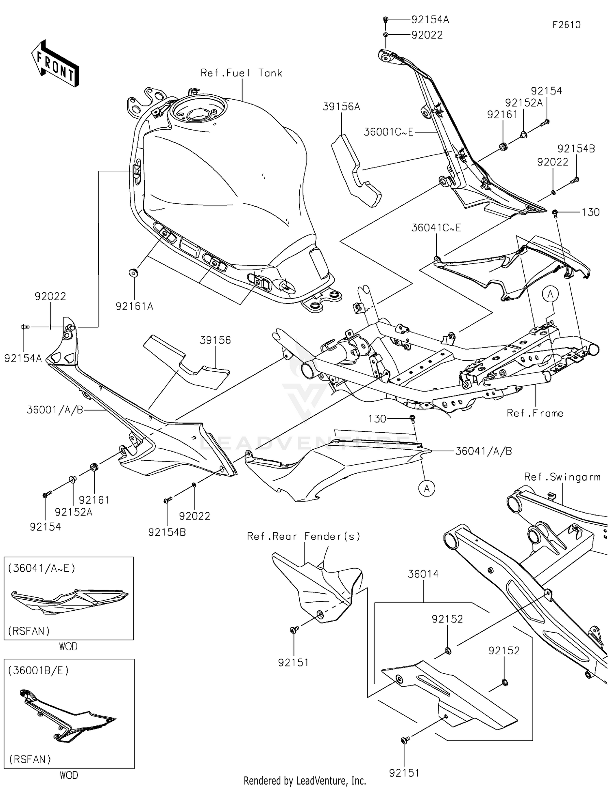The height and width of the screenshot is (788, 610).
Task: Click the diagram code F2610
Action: pos(566,25)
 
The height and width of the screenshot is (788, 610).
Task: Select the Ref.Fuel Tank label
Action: pos(242,73)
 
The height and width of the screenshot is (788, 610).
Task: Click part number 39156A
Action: pos(342,107)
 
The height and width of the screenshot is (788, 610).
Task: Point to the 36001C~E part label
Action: pos(388,132)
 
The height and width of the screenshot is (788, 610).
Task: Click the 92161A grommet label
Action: pos(134,307)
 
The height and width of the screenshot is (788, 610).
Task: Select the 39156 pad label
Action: pos(215,340)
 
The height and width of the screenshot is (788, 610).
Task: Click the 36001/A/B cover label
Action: pos(55,410)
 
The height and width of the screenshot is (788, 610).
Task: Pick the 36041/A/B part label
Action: pos(484,451)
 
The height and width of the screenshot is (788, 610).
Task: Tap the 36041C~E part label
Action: pos(436,228)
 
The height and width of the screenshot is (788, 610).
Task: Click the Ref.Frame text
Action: pos(535,413)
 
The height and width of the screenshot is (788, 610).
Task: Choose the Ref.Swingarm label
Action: pos(562,477)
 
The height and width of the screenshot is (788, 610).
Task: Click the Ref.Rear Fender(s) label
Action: pos(304,537)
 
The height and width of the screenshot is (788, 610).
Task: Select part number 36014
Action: pos(423,574)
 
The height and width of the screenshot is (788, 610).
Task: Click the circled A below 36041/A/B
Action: pos(427,488)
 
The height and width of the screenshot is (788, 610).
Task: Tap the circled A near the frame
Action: pos(550,294)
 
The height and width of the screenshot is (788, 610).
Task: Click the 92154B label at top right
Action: pos(576,149)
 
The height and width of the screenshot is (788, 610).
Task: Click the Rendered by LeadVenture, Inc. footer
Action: pos(305,781)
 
